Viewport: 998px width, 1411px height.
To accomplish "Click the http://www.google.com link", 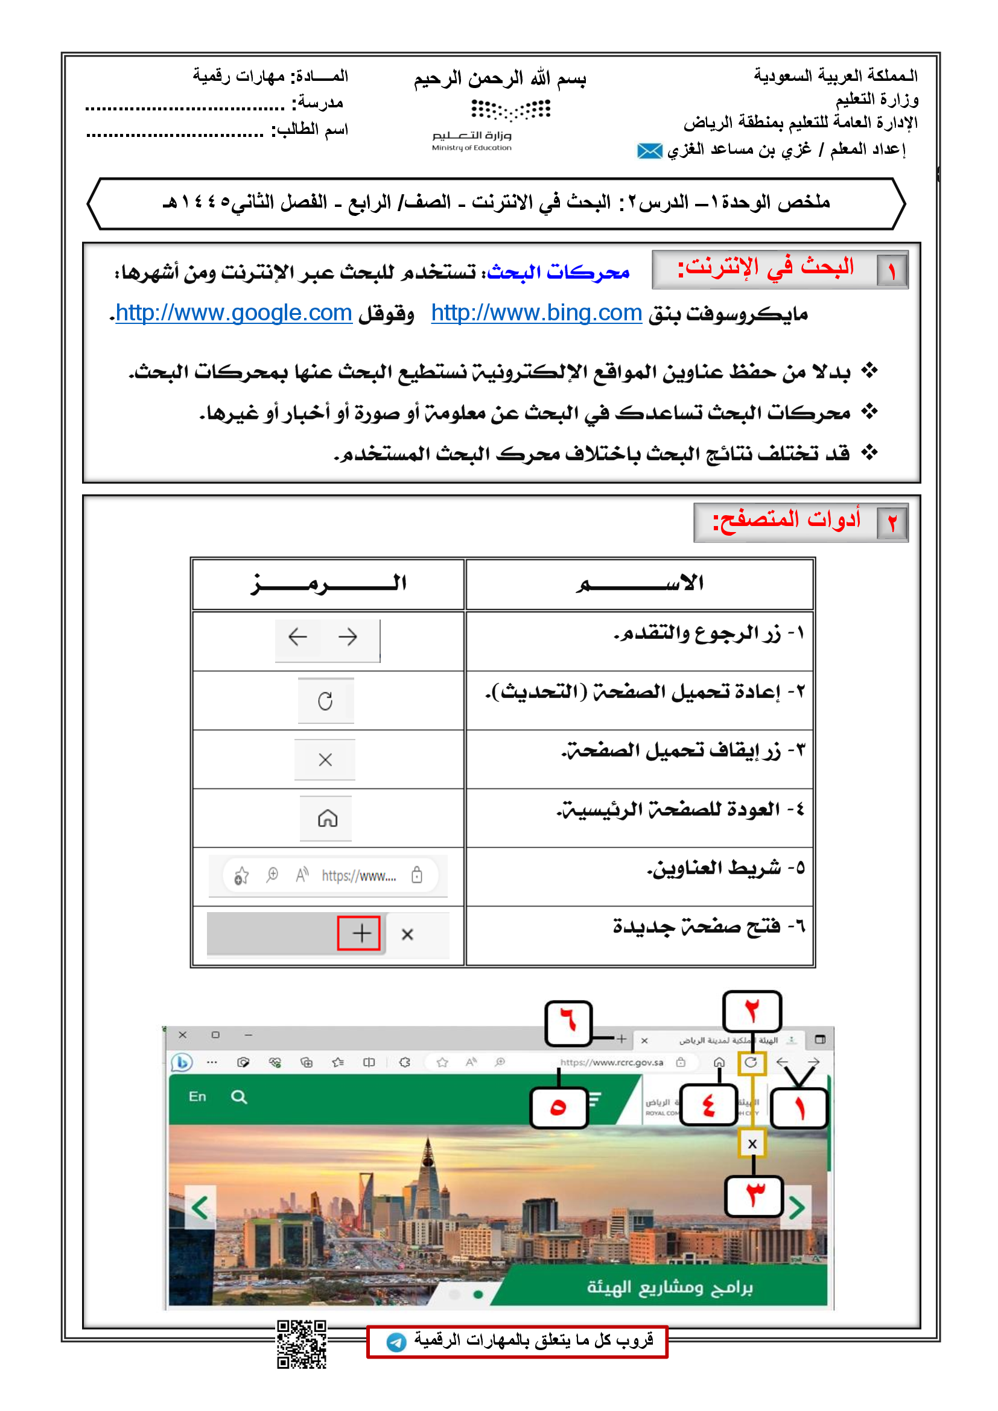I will pos(234,314).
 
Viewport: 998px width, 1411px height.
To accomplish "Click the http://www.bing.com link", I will pos(536,314).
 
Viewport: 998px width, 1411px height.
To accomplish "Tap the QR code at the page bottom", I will pos(301,1344).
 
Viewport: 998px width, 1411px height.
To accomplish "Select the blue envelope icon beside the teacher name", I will pos(650,151).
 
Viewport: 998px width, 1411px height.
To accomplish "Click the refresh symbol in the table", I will pos(325,700).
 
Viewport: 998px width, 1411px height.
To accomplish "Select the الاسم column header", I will pos(640,584).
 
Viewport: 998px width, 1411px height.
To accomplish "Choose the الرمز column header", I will pos(328,584).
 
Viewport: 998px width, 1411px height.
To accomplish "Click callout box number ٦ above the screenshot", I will pos(568,1023).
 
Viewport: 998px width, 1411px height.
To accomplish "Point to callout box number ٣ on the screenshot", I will pos(755,1195).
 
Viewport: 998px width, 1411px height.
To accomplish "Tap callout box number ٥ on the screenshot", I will pos(558,1107).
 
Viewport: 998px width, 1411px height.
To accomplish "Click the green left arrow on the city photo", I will pos(200,1208).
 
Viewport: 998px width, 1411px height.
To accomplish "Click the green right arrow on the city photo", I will pos(796,1208).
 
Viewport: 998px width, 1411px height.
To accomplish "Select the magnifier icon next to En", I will pos(239,1097).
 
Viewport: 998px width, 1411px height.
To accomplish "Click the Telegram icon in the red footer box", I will pos(396,1342).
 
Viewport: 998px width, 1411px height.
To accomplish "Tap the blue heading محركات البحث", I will pos(558,271).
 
